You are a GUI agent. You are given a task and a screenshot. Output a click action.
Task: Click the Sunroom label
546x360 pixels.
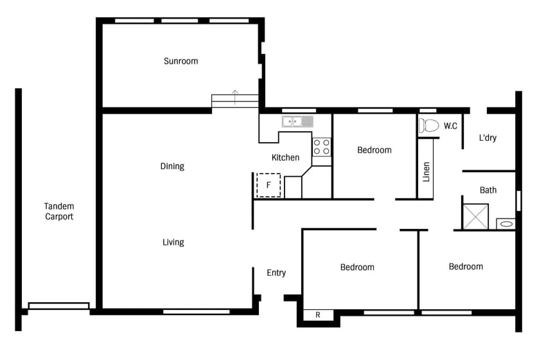point(181,61)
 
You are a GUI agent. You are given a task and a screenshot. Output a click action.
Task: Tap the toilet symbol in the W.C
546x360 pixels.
point(428,125)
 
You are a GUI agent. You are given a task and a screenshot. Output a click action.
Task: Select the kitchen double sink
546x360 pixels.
point(297,122)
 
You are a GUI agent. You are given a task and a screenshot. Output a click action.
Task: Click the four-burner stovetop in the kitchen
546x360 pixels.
point(321,147)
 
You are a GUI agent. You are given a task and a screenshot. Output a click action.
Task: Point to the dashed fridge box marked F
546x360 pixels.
point(269,185)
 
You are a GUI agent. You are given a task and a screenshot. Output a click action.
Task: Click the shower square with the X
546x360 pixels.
point(475,217)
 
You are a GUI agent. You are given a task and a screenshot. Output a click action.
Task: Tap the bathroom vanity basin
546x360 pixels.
point(506,224)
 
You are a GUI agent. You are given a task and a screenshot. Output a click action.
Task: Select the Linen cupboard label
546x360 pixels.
point(426,172)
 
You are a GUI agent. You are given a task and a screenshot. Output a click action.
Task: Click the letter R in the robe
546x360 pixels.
point(317,315)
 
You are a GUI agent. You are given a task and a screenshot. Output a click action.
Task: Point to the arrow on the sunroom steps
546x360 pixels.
point(235,97)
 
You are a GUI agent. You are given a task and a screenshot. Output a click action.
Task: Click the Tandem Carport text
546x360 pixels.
point(59,212)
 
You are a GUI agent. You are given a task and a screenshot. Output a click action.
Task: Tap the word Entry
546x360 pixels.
point(276,273)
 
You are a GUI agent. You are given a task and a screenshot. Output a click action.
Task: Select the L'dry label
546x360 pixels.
point(488,138)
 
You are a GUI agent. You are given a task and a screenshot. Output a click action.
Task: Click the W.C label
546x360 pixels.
point(450,126)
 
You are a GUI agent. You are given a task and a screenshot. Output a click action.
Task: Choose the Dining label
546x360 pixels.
point(172,166)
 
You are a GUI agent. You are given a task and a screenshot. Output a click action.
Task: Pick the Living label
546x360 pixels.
point(173,242)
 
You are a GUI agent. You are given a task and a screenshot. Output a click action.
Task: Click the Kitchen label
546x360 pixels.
point(285,157)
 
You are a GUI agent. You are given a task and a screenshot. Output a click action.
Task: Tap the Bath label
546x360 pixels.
point(488,190)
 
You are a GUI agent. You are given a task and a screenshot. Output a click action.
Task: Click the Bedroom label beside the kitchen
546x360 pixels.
point(374,150)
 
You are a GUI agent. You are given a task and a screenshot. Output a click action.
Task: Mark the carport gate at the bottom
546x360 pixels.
point(58,306)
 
